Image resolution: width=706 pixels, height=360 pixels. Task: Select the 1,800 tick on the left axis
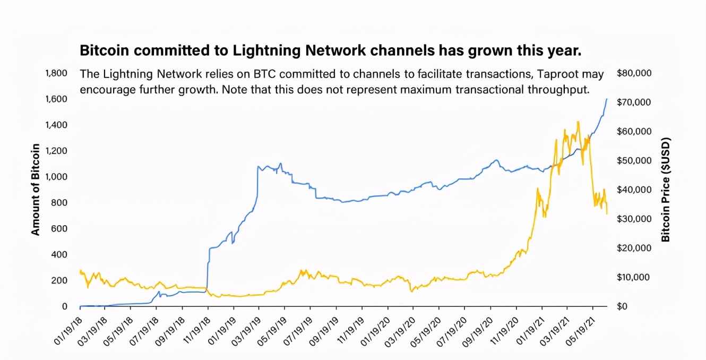(56, 73)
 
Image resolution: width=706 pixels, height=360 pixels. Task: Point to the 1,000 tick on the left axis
(56, 177)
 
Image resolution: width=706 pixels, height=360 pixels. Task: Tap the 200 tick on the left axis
(60, 280)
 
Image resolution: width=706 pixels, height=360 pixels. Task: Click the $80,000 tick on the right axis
(634, 73)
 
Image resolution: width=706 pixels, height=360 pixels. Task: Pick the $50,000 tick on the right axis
(634, 161)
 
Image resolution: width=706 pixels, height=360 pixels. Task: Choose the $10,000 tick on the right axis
(634, 278)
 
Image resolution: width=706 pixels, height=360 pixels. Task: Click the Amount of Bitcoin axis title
(36, 190)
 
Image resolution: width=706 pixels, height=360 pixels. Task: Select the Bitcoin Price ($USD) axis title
(666, 190)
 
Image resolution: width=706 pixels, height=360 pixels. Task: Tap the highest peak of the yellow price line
(578, 122)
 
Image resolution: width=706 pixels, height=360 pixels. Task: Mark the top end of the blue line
(606, 99)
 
